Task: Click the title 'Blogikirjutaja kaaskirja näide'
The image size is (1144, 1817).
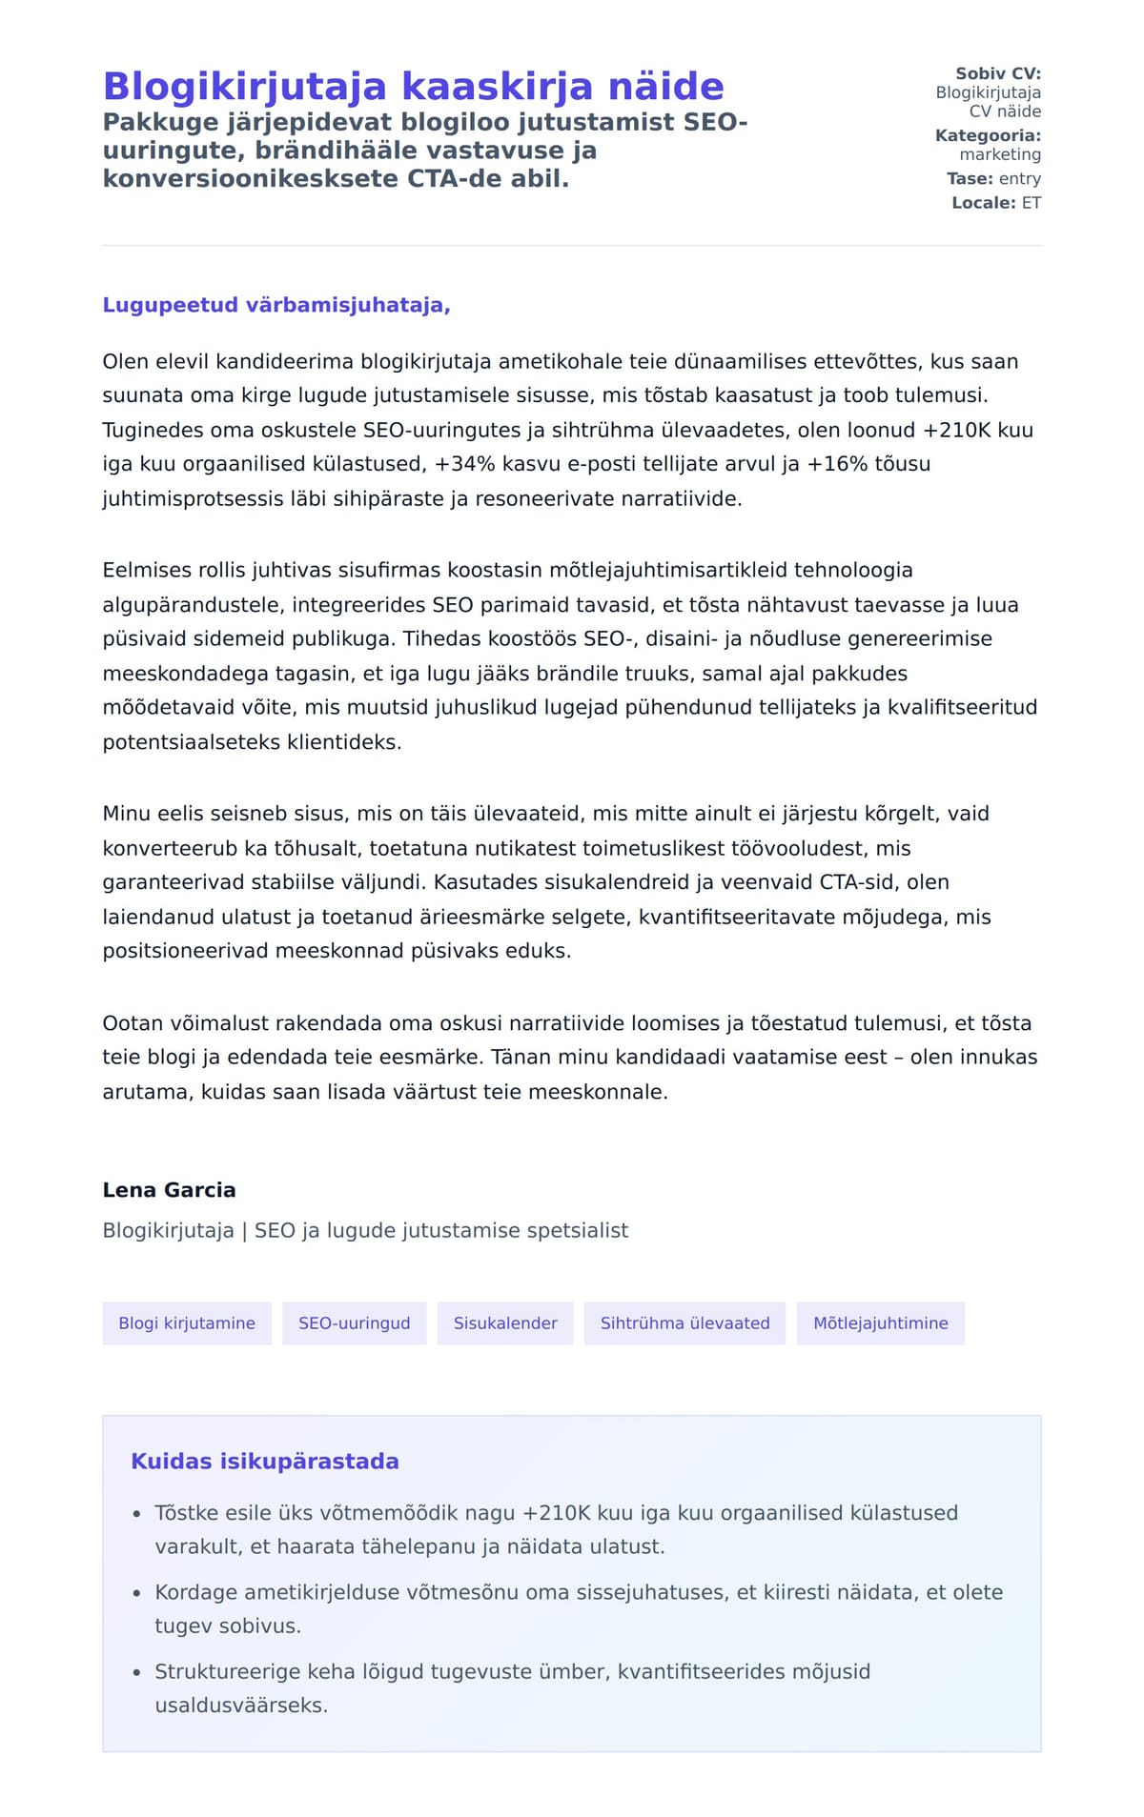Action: pyautogui.click(x=413, y=86)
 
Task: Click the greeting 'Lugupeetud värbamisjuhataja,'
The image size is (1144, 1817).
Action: pyautogui.click(x=276, y=305)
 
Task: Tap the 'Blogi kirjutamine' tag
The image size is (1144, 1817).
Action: pyautogui.click(x=187, y=1323)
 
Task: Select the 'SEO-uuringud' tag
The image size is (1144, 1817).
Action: pyautogui.click(x=354, y=1323)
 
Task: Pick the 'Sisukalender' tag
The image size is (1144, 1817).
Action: pyautogui.click(x=505, y=1323)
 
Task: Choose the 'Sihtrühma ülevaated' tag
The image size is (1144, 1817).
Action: pyautogui.click(x=684, y=1323)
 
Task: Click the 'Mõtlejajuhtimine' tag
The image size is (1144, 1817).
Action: pyautogui.click(x=880, y=1323)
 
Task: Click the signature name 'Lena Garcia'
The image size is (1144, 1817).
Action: pyautogui.click(x=169, y=1190)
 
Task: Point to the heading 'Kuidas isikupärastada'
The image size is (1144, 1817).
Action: pyautogui.click(x=264, y=1462)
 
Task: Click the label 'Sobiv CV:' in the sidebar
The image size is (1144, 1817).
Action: pyautogui.click(x=998, y=73)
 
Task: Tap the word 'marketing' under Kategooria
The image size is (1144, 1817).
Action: pyautogui.click(x=1000, y=154)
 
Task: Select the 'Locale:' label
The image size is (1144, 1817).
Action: pyautogui.click(x=983, y=203)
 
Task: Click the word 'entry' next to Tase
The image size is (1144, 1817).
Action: pyautogui.click(x=1020, y=179)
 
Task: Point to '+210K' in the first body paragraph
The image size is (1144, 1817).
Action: pyautogui.click(x=956, y=430)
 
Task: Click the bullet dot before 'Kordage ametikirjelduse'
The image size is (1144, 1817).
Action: pyautogui.click(x=136, y=1593)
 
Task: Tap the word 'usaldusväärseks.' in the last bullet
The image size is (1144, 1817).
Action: pyautogui.click(x=241, y=1706)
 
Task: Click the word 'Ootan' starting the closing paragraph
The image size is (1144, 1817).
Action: pyautogui.click(x=133, y=1023)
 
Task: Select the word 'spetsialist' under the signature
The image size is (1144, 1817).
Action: pyautogui.click(x=579, y=1230)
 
